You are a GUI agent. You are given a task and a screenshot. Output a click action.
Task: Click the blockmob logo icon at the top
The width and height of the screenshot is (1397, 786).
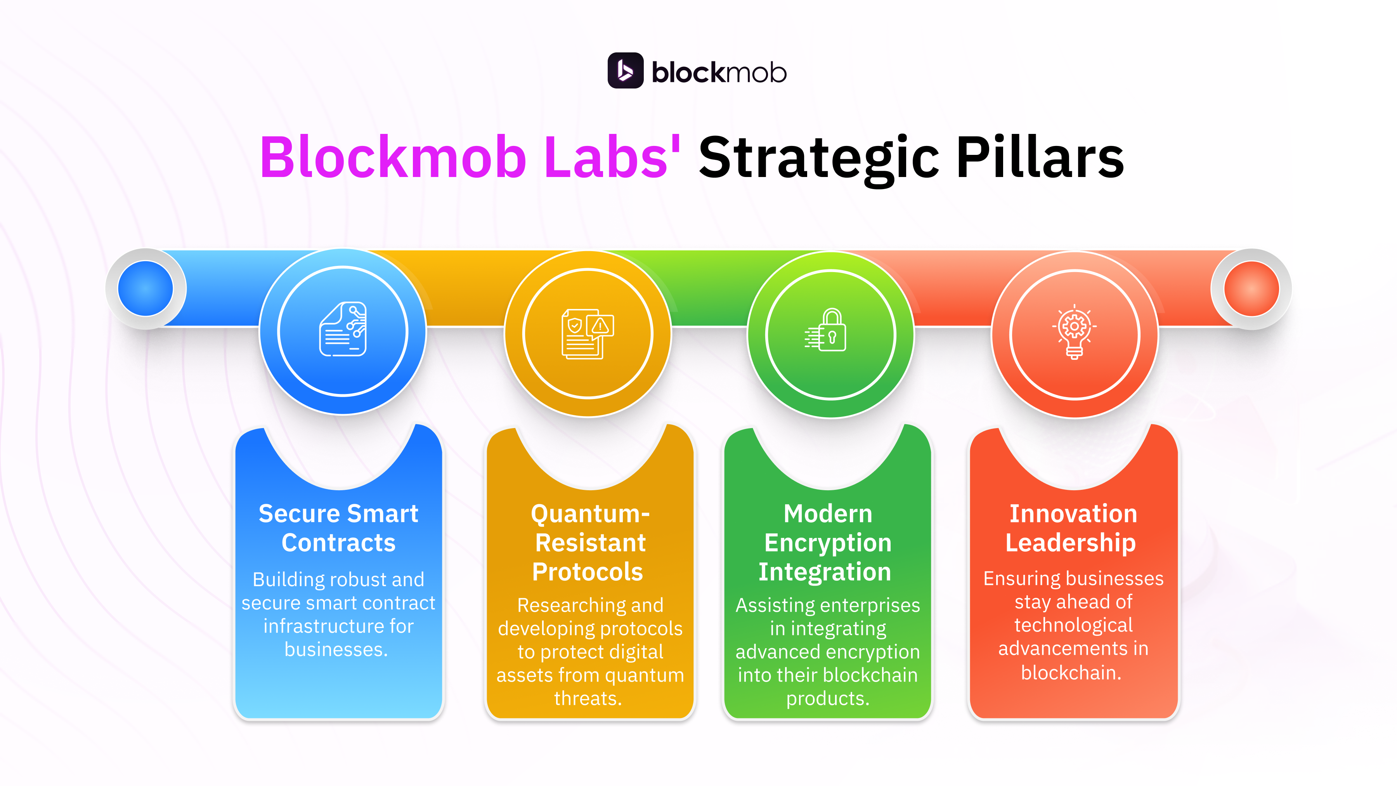625,71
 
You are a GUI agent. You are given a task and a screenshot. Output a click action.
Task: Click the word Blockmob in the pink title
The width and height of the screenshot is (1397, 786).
393,158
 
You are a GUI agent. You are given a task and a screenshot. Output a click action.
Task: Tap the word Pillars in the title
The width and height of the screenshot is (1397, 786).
1040,158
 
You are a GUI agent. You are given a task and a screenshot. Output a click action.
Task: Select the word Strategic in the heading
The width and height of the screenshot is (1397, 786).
819,158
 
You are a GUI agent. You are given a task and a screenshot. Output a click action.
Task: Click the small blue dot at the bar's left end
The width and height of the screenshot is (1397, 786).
146,288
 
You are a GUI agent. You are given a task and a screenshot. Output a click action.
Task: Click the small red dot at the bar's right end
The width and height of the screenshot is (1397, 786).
1251,288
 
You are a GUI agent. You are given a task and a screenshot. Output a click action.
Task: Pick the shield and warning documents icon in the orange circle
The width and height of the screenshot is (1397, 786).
588,333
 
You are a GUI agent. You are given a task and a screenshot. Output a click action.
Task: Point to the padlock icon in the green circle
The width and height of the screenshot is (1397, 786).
826,330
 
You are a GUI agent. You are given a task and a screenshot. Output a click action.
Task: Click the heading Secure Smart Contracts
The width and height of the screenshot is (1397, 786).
338,528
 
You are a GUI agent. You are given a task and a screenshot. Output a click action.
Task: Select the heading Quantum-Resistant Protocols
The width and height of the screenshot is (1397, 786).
589,543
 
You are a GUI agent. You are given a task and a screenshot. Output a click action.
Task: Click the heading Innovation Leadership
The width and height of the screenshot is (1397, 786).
1072,528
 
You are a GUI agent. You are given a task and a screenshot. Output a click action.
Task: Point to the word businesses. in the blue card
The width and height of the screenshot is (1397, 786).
336,649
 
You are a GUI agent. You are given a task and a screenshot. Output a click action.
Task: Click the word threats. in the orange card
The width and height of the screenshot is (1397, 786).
588,698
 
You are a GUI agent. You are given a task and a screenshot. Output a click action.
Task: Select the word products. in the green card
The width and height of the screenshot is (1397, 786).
828,698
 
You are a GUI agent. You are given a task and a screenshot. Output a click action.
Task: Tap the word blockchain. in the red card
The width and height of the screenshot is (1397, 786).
1071,673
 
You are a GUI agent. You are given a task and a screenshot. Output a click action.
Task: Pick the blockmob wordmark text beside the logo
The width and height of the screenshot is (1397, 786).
719,73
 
